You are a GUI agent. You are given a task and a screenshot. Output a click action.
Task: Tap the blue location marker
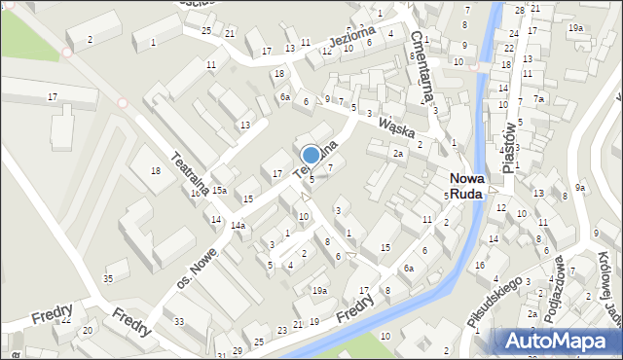click(x=311, y=155)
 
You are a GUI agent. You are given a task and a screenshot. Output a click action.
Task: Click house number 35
click(x=108, y=279)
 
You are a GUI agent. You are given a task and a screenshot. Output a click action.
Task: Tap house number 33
click(x=178, y=321)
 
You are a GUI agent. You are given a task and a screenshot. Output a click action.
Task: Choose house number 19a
click(x=319, y=291)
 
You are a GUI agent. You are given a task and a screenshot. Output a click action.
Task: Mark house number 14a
click(x=238, y=225)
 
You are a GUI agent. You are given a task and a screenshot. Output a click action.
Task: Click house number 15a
click(x=220, y=191)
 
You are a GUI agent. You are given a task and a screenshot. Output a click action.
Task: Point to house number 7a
click(x=538, y=98)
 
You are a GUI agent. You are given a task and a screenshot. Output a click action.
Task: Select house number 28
click(x=520, y=10)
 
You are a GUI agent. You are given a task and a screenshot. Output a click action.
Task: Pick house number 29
click(x=237, y=350)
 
